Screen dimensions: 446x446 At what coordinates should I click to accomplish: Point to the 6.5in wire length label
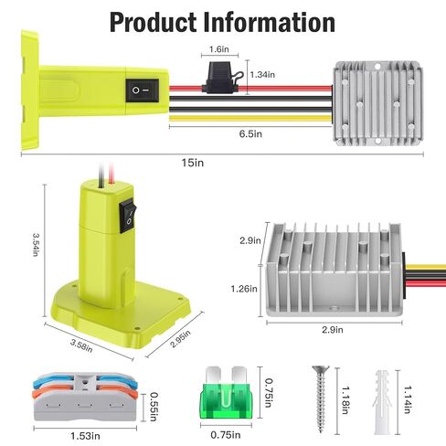coord(250,133)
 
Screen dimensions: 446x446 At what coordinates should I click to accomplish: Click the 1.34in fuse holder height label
coord(260,74)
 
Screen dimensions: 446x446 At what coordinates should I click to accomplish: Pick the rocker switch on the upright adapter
coord(127,209)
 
